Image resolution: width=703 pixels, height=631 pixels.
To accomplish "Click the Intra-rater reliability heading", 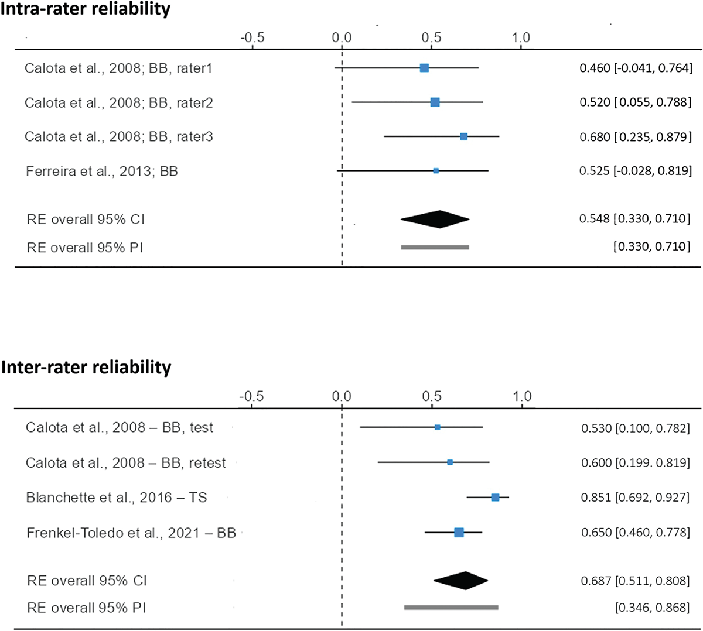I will tap(86, 9).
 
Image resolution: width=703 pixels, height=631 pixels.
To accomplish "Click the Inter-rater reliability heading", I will tap(86, 367).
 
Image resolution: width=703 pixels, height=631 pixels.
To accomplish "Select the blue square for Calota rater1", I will tap(424, 68).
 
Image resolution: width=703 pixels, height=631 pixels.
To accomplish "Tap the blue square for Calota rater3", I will tap(463, 136).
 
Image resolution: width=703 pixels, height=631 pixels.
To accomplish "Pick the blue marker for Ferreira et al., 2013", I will tap(436, 170).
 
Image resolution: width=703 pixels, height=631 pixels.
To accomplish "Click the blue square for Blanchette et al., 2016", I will tap(495, 497).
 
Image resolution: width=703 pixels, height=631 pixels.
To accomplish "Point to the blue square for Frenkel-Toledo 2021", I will tap(459, 532).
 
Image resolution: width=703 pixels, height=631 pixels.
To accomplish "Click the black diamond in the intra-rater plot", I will tap(435, 219).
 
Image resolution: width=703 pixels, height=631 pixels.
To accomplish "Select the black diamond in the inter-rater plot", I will tap(461, 580).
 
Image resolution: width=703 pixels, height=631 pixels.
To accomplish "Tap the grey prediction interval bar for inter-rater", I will tap(451, 607).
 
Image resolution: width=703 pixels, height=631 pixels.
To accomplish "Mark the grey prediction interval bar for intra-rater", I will tap(435, 247).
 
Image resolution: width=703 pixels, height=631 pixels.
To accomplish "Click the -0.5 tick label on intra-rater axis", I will tap(252, 38).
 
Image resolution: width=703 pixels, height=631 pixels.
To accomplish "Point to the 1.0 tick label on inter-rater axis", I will tap(522, 396).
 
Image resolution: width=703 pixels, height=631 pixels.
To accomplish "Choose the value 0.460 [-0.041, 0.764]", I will tap(636, 68).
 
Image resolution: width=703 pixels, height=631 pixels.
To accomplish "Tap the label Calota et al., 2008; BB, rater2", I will tap(119, 102).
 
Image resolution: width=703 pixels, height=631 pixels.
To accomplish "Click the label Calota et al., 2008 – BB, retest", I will tap(126, 462).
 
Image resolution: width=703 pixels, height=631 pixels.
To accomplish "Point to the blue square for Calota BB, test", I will tap(437, 427).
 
